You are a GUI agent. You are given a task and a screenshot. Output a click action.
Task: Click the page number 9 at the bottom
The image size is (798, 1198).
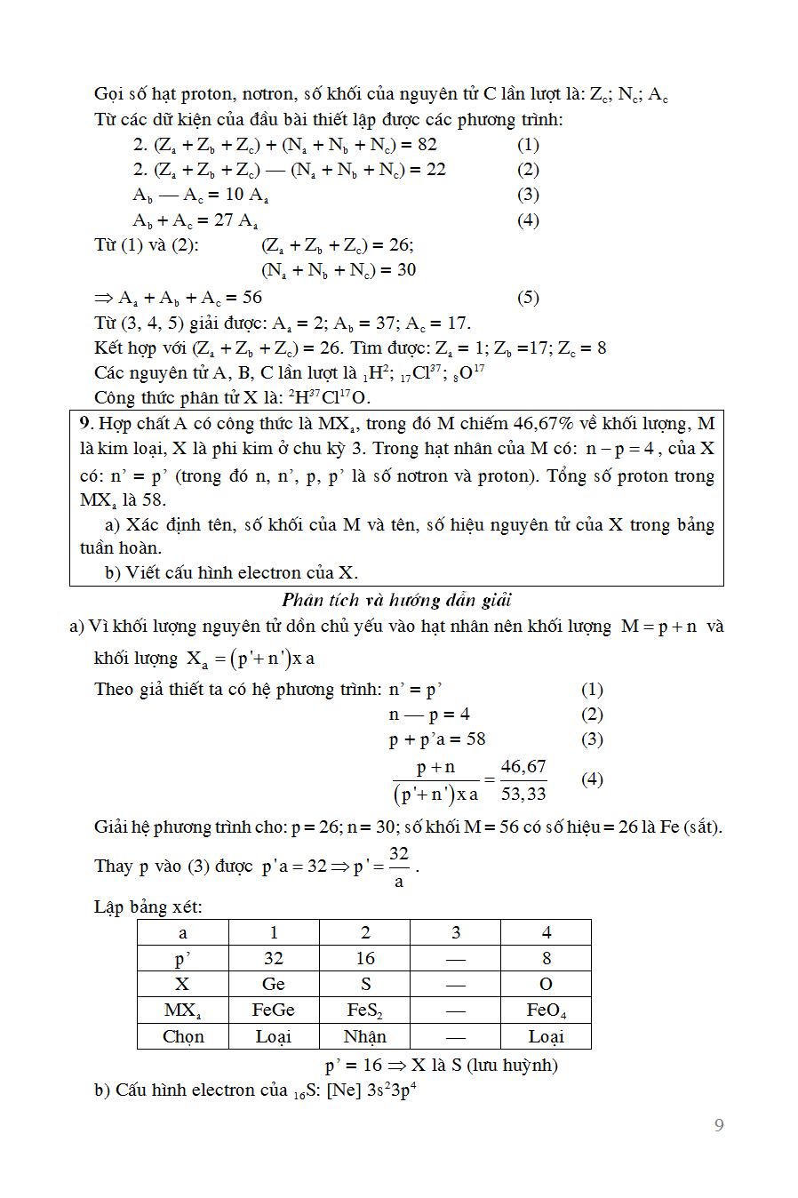point(719,1125)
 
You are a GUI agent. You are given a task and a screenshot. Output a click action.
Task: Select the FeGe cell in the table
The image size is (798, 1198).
point(273,1010)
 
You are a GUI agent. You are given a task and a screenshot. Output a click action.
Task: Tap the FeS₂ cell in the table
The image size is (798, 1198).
point(365,1010)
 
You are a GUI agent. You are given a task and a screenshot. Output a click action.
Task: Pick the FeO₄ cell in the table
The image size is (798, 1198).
point(546,1010)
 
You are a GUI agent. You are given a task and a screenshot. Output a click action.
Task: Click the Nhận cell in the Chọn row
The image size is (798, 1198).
point(365,1036)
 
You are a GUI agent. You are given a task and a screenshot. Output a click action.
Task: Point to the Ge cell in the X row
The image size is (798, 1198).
point(273,984)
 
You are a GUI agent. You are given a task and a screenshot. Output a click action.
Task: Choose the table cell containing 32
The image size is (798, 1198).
point(273,958)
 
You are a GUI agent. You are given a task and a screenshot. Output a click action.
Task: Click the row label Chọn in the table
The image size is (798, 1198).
point(183,1036)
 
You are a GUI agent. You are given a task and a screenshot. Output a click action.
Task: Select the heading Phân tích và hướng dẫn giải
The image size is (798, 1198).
point(396,600)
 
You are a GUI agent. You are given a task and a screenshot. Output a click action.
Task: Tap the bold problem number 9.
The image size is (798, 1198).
point(85,424)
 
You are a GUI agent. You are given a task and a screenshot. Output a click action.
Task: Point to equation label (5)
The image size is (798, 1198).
point(528,298)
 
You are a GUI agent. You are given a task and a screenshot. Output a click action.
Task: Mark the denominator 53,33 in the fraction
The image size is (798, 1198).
point(523,794)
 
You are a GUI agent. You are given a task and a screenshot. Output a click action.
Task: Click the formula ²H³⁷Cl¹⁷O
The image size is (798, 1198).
point(329,397)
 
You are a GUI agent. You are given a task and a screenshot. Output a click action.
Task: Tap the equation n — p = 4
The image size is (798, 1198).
point(429,715)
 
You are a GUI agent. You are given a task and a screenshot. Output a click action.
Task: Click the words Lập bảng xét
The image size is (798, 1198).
point(148,906)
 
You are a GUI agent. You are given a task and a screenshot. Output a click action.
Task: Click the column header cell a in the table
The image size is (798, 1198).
point(183,932)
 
